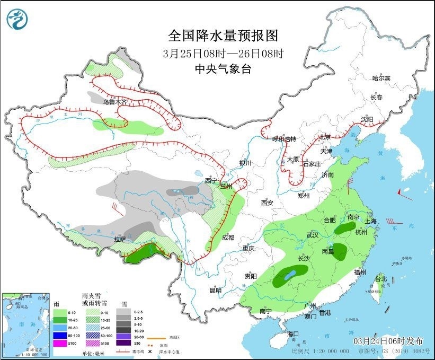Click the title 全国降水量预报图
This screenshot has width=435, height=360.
pyautogui.click(x=223, y=36)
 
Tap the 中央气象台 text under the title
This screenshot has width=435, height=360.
pyautogui.click(x=223, y=68)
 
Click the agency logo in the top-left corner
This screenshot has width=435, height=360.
pyautogui.click(x=17, y=19)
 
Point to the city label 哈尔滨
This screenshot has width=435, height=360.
pyautogui.click(x=380, y=78)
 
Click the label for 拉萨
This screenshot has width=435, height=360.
pyautogui.click(x=120, y=239)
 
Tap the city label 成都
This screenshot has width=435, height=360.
pyautogui.click(x=228, y=238)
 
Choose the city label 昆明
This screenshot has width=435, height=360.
pyautogui.click(x=215, y=290)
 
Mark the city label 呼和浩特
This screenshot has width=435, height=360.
pyautogui.click(x=285, y=139)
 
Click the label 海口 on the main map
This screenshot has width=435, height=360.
pyautogui.click(x=293, y=333)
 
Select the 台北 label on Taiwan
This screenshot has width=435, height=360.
pyautogui.click(x=380, y=279)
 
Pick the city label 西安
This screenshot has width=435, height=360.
pyautogui.click(x=267, y=203)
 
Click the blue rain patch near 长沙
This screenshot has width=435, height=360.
pyautogui.click(x=289, y=276)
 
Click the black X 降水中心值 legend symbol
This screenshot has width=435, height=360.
pyautogui.click(x=150, y=352)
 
